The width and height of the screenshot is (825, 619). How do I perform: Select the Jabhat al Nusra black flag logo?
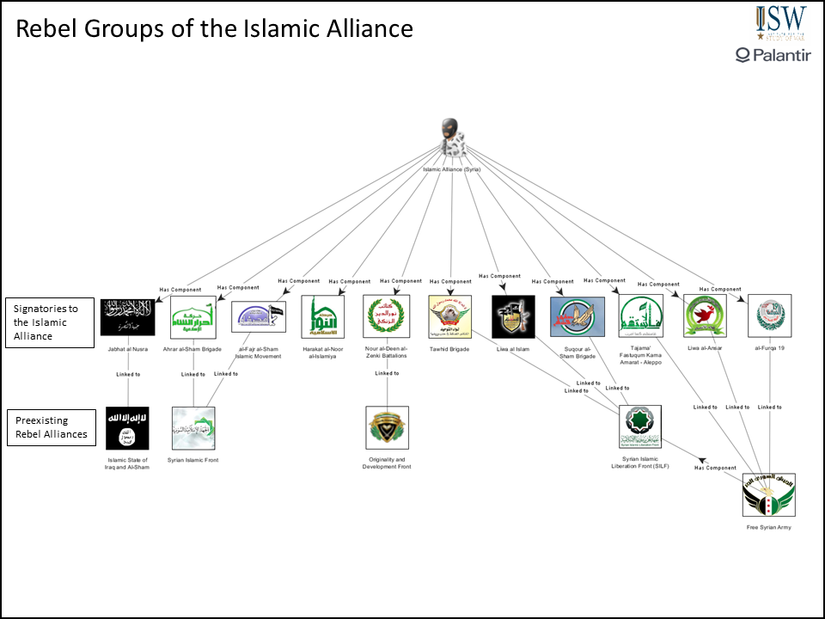126,316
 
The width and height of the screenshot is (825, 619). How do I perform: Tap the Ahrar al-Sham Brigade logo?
193,316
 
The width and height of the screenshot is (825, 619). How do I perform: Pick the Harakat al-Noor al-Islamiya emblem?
323,316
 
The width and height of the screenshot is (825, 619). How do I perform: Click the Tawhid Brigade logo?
450,316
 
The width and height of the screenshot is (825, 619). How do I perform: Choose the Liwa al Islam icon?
513,316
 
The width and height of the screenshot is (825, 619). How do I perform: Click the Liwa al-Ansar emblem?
704,316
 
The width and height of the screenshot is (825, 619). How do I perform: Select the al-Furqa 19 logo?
769,316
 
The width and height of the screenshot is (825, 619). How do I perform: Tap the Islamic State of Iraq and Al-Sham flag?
127,428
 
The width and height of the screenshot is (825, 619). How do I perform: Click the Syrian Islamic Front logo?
193,428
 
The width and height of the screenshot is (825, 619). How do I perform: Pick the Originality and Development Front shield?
387,428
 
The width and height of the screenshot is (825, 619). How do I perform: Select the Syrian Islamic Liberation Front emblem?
640,428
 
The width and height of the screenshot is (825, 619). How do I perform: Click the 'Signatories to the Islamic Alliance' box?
50,323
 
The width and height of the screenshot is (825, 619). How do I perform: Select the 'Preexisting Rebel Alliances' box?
50,427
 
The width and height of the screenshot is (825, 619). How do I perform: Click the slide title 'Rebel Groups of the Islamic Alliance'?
215,29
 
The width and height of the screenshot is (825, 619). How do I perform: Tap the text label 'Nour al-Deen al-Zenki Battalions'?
387,352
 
